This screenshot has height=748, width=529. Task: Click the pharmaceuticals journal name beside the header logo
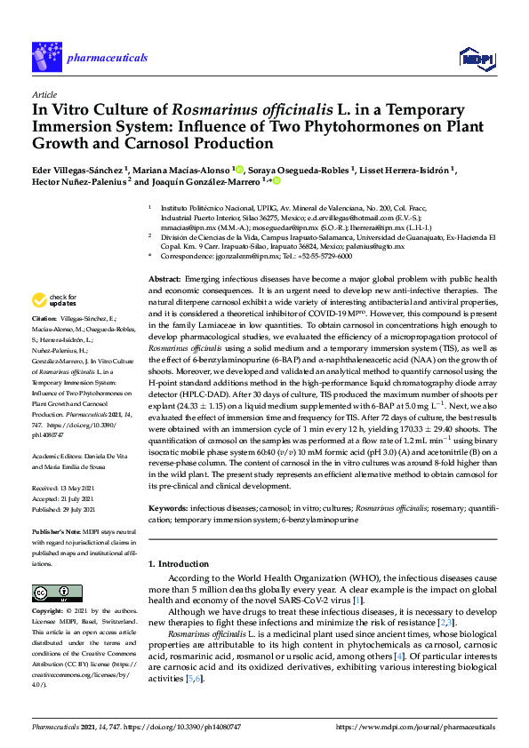pyautogui.click(x=107, y=58)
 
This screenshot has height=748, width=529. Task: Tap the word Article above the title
pyautogui.click(x=44, y=94)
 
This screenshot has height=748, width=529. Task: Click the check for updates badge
pyautogui.click(x=53, y=299)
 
